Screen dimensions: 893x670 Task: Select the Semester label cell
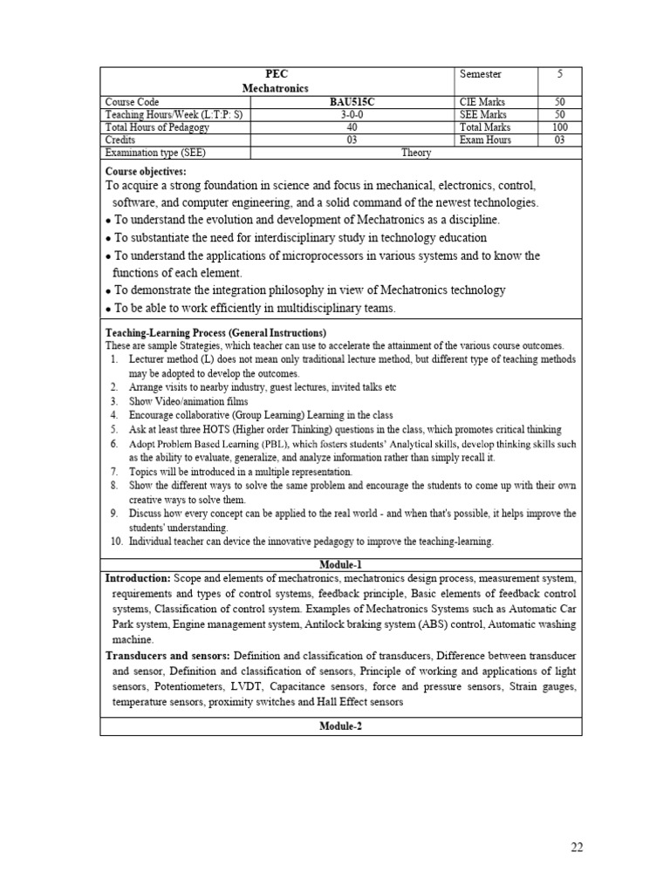pos(481,75)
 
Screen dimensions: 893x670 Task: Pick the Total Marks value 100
pos(559,127)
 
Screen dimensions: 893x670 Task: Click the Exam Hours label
pos(485,140)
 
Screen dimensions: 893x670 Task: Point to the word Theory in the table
pos(416,153)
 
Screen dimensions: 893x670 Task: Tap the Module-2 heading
pos(340,726)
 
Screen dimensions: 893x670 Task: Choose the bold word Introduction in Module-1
pos(138,578)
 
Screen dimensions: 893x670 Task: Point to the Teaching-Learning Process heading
pos(215,333)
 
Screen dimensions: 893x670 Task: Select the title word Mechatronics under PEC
pos(277,89)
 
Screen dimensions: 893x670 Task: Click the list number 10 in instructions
pos(116,542)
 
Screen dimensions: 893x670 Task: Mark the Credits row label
pos(120,140)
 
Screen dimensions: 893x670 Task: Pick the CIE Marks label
pos(482,102)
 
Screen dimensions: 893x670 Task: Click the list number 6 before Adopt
pos(114,444)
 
